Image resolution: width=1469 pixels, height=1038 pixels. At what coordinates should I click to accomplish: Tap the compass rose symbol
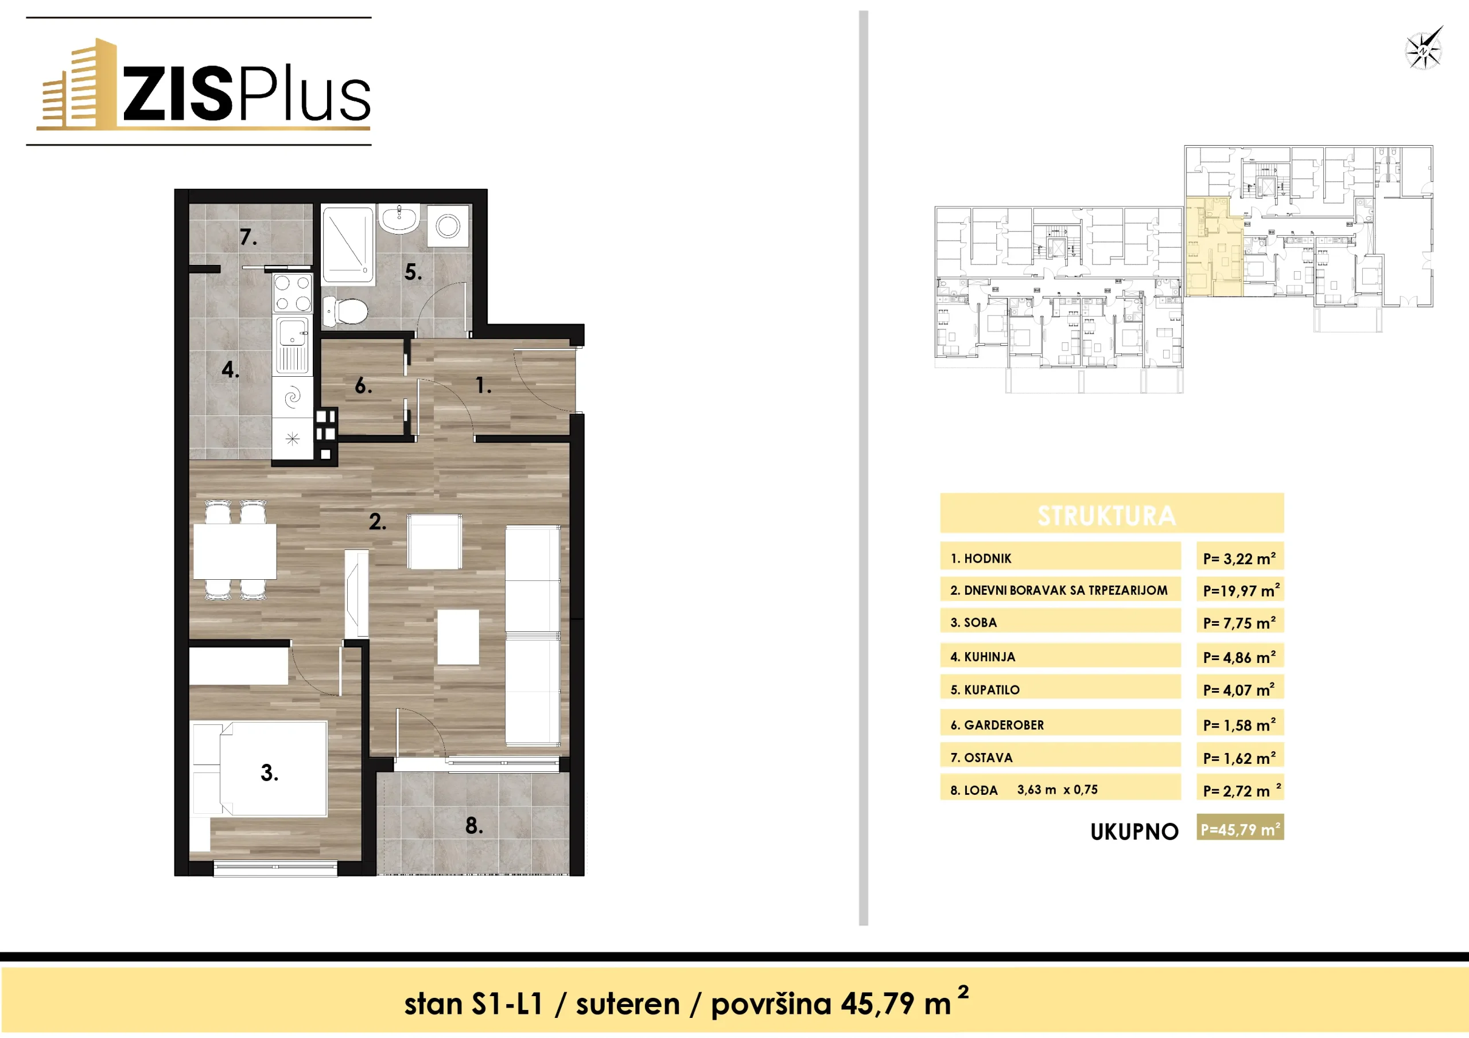(x=1424, y=48)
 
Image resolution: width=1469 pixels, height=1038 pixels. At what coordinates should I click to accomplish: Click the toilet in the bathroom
(x=345, y=311)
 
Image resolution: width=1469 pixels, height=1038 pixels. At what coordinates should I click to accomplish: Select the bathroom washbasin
(x=399, y=218)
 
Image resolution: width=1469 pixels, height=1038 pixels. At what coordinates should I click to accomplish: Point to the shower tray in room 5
(x=347, y=245)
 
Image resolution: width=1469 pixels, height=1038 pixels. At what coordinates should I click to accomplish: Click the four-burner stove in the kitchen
(x=293, y=293)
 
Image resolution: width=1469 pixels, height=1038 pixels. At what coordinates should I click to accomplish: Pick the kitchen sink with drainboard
(x=293, y=345)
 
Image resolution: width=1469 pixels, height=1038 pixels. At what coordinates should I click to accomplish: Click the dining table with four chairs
(x=235, y=550)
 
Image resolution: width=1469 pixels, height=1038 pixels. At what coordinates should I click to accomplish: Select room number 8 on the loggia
(x=473, y=826)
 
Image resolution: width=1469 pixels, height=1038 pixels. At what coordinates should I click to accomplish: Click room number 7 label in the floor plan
(x=248, y=237)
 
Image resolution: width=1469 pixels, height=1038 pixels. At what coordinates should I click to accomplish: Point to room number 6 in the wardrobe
(x=363, y=385)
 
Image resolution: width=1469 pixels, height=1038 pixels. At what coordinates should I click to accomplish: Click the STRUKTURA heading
(x=1107, y=516)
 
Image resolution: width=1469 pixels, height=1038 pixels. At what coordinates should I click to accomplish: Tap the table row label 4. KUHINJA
(x=983, y=657)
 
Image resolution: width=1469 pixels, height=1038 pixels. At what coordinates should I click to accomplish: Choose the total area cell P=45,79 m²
(x=1241, y=829)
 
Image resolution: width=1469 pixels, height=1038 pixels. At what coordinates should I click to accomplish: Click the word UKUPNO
(x=1134, y=832)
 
